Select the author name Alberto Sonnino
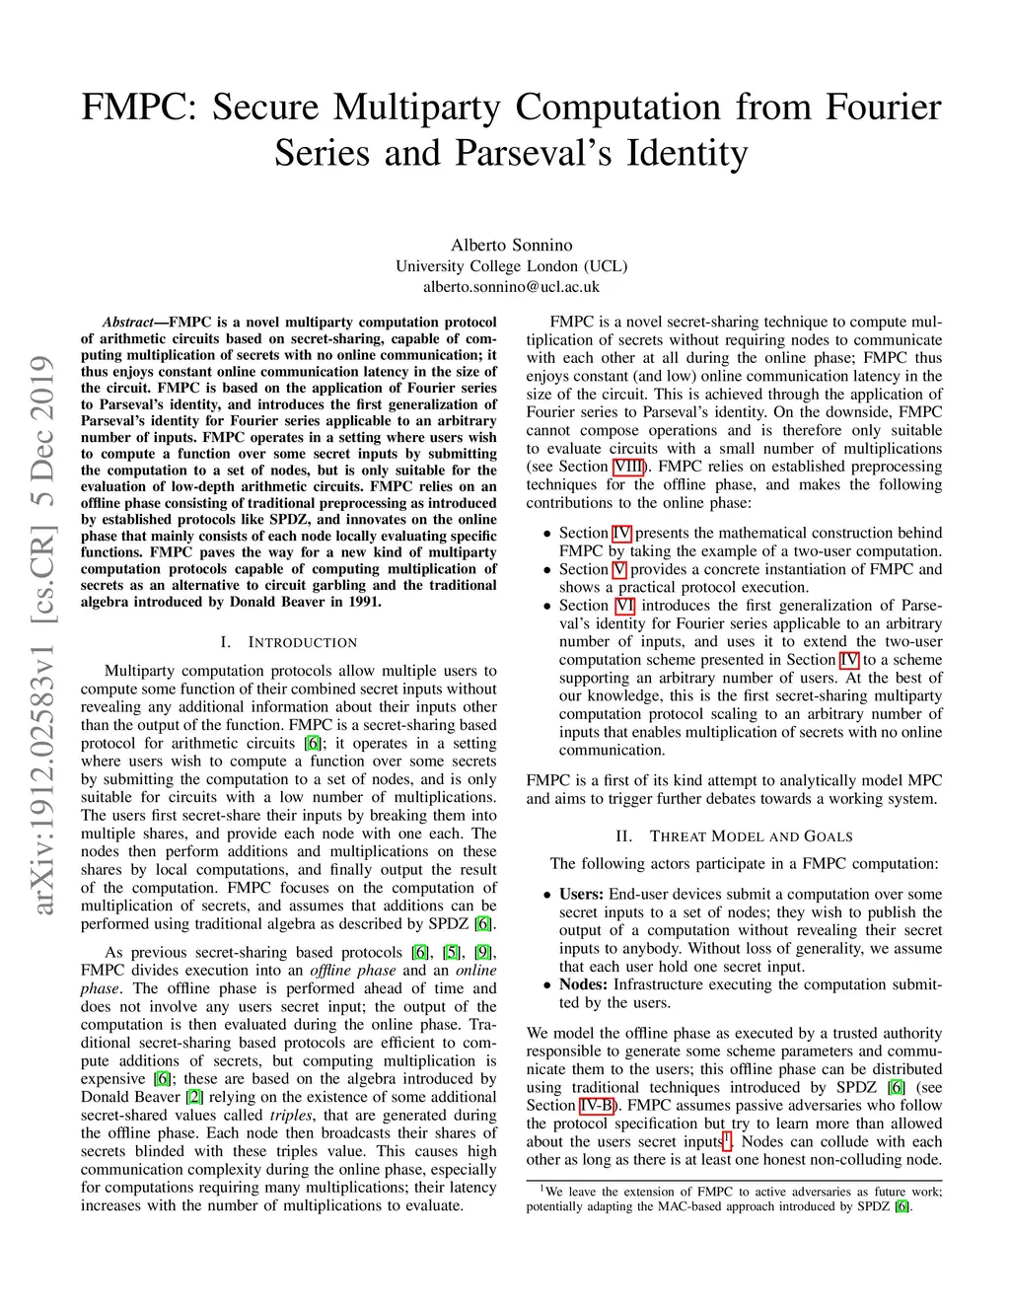[x=511, y=245]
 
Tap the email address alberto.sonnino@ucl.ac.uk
[x=511, y=287]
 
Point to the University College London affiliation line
[x=511, y=266]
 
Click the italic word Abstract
[x=128, y=323]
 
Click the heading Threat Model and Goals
[x=751, y=836]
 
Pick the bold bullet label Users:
[x=581, y=894]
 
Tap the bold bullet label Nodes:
[x=583, y=984]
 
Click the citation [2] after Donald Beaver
[x=194, y=1097]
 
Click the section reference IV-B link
[x=596, y=1105]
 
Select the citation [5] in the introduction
[x=452, y=953]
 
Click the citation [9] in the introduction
[x=483, y=953]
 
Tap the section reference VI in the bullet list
[x=624, y=606]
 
